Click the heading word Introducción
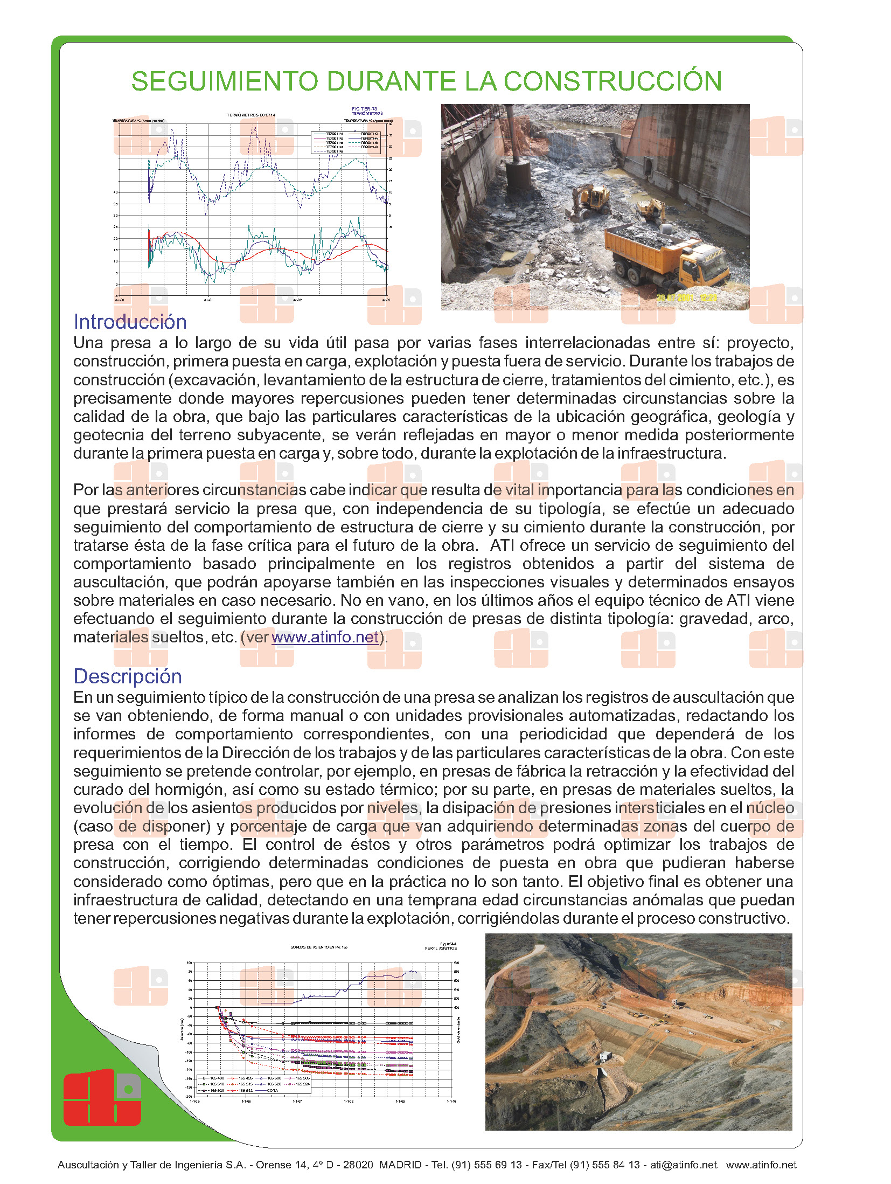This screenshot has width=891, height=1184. pos(130,322)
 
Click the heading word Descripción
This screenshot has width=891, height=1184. pos(128,676)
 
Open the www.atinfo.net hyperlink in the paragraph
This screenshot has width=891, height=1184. pos(325,637)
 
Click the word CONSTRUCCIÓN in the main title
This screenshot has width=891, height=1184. pos(612,81)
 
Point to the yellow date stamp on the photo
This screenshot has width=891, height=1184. pos(687,297)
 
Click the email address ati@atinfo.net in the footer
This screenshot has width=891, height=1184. pos(684,1165)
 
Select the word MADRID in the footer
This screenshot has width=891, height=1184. pos(400,1165)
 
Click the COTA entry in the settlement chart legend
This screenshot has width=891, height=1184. pos(273,1090)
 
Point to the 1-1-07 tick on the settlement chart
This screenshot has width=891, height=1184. pos(297,1101)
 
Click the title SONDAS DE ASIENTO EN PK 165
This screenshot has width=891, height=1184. pos(319,947)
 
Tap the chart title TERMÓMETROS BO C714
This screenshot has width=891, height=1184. pos(251,115)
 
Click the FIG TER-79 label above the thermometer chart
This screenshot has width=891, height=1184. pos(365,109)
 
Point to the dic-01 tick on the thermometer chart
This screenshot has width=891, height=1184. pos(208,300)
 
